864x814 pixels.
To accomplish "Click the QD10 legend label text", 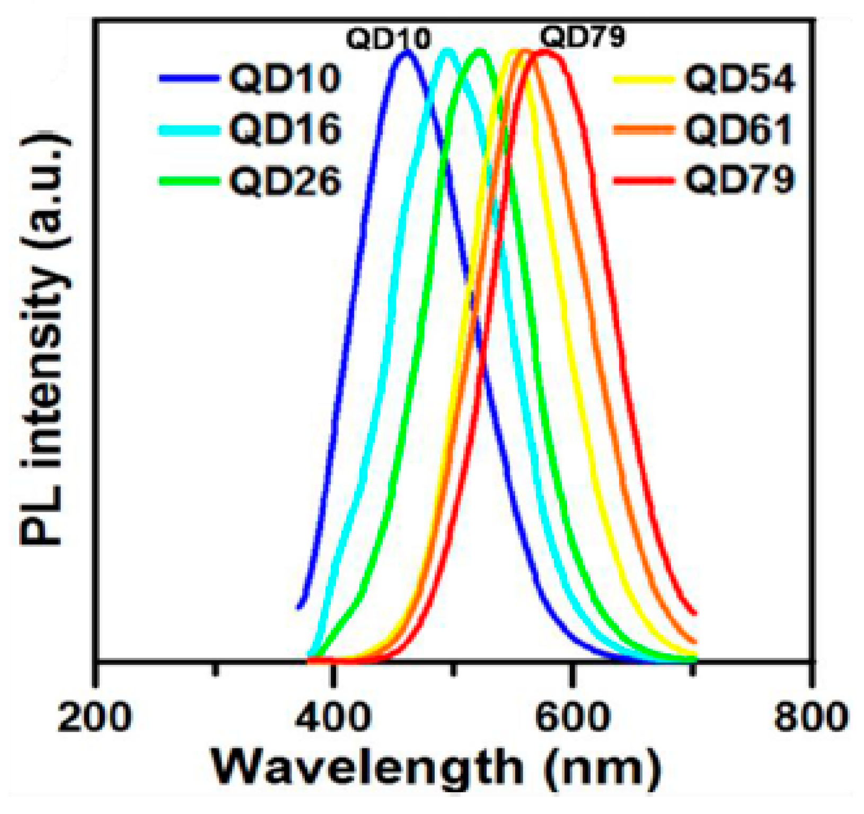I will point(285,79).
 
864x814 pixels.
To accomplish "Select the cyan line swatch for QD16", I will point(189,129).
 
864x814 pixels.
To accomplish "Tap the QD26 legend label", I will point(285,181).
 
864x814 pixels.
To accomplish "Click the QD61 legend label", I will point(738,129).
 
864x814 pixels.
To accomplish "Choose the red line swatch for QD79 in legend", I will point(643,180).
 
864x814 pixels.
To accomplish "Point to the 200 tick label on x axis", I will point(94,717).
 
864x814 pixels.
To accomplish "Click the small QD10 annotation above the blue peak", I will point(389,39).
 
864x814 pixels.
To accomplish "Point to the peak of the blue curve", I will point(407,51).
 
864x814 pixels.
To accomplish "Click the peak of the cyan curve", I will point(447,51).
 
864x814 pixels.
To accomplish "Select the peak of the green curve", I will point(480,51).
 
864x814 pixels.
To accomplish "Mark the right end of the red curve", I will point(695,614).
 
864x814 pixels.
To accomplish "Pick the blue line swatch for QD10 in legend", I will point(189,78).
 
